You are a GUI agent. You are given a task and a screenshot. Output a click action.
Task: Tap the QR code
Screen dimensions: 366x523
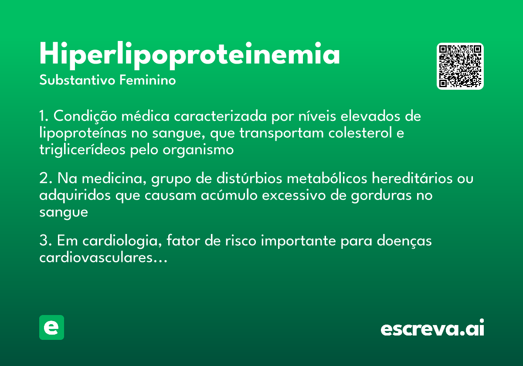[460, 66]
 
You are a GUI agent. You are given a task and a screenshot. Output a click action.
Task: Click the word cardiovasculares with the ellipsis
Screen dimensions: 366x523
[103, 258]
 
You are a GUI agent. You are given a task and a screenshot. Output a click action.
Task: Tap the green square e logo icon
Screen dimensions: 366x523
[51, 327]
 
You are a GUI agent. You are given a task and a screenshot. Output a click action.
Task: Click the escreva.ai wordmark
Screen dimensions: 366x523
[432, 329]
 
